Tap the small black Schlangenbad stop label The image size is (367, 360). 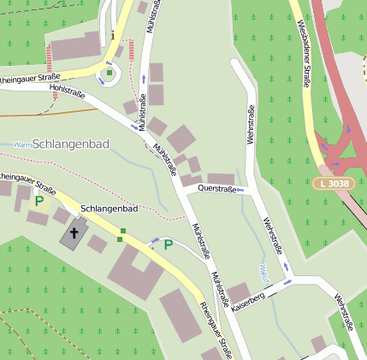click(x=109, y=209)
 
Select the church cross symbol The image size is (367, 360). click(x=74, y=232)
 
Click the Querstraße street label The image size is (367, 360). click(x=216, y=188)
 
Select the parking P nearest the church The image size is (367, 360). click(x=38, y=202)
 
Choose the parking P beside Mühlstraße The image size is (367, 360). click(x=168, y=245)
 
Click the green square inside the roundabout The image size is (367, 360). click(x=110, y=74)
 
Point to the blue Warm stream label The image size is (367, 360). click(x=23, y=145)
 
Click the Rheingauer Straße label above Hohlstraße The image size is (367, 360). click(x=30, y=78)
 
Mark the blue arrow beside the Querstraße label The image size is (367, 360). click(x=241, y=188)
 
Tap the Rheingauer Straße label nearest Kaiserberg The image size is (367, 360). click(x=216, y=329)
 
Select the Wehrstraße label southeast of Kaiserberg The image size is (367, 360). click(x=344, y=312)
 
